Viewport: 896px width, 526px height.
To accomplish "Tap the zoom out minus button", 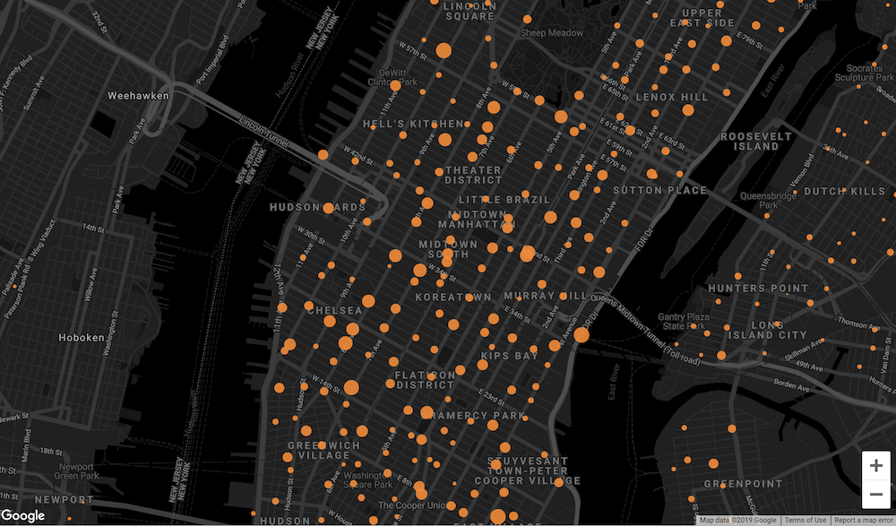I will pyautogui.click(x=875, y=494).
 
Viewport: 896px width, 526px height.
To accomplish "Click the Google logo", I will pyautogui.click(x=23, y=515).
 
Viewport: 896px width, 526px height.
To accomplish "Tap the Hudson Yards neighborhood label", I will pyautogui.click(x=317, y=208).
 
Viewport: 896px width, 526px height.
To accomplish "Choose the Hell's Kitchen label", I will pyautogui.click(x=413, y=124).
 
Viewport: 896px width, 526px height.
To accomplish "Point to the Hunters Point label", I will pyautogui.click(x=751, y=289).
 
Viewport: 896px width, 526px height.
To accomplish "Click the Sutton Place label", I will pyautogui.click(x=659, y=191).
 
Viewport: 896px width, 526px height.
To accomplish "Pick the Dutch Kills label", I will pyautogui.click(x=843, y=191).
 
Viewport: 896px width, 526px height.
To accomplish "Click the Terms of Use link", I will pyautogui.click(x=805, y=521).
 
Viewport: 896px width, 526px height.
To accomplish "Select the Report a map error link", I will pyautogui.click(x=863, y=521).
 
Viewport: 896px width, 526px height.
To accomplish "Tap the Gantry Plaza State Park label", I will pyautogui.click(x=684, y=322).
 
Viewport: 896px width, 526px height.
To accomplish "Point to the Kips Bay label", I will pyautogui.click(x=509, y=356).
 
